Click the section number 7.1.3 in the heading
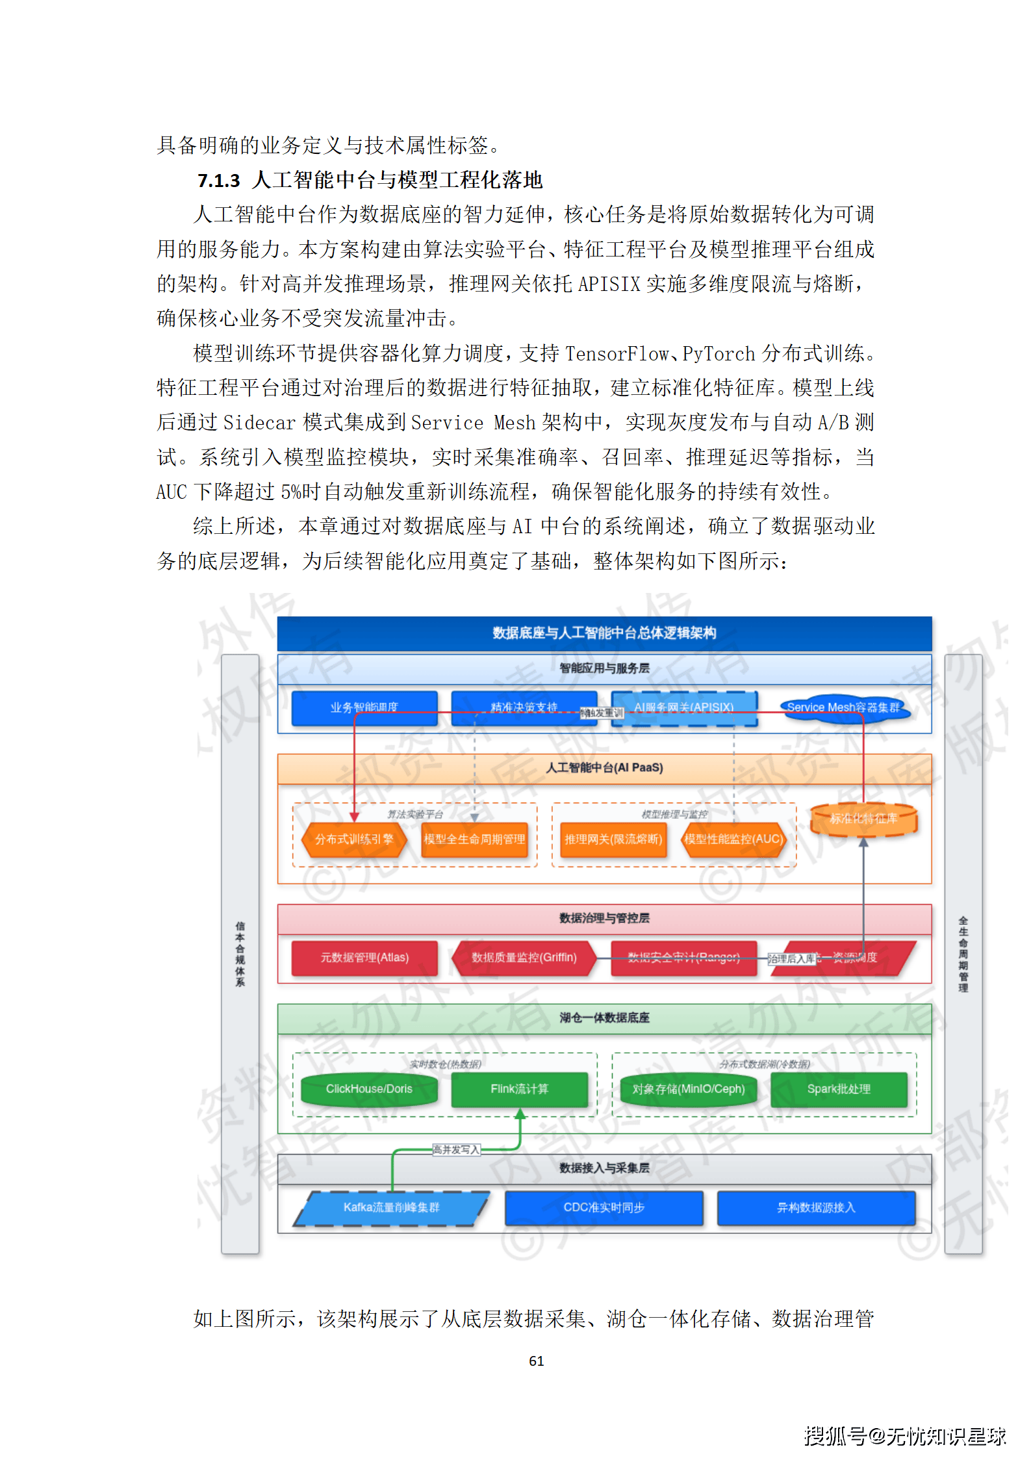click(x=218, y=181)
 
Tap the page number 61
click(x=536, y=1361)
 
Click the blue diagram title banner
click(x=604, y=633)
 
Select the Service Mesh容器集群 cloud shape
click(x=843, y=707)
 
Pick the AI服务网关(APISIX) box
click(x=684, y=707)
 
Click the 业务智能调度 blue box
click(x=364, y=707)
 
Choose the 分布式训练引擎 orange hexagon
click(x=354, y=839)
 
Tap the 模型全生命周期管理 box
click(x=474, y=839)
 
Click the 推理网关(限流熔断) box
click(x=613, y=839)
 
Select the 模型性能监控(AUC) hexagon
click(x=733, y=839)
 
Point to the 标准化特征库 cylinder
click(x=863, y=819)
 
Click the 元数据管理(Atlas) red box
click(x=364, y=957)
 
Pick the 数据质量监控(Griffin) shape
click(x=524, y=957)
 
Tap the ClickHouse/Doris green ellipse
click(x=369, y=1089)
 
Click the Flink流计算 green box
click(x=519, y=1089)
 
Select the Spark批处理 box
click(x=839, y=1089)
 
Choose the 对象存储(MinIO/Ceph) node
click(x=689, y=1089)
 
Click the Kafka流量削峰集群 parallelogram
click(x=391, y=1207)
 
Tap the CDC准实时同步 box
click(x=604, y=1207)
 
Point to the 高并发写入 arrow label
click(x=456, y=1150)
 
